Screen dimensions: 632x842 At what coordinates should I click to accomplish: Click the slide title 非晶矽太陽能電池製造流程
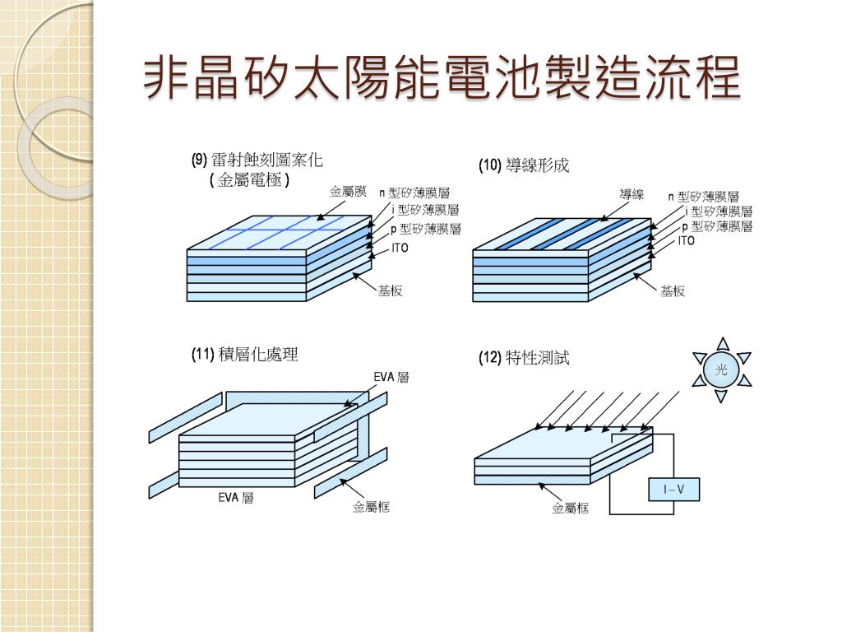pos(442,78)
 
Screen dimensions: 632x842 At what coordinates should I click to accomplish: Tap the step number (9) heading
pos(200,160)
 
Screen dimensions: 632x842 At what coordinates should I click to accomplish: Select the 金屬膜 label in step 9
pos(348,192)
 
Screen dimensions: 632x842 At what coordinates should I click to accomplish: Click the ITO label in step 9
pos(400,248)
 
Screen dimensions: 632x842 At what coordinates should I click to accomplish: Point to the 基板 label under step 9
pos(390,291)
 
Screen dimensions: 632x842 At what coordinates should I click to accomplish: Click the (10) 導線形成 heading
pos(524,166)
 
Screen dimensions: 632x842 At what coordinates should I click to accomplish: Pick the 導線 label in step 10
pos(631,194)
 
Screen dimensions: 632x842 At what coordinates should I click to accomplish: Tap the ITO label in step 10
pos(687,241)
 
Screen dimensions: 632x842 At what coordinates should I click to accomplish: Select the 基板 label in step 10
pos(673,291)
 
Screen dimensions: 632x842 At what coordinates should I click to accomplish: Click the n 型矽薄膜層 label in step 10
pos(703,197)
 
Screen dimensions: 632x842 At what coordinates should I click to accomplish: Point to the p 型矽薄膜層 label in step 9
pos(425,229)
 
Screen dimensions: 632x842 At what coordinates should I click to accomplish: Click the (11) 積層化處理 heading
pos(244,355)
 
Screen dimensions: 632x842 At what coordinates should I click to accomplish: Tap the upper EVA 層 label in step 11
pos(391,377)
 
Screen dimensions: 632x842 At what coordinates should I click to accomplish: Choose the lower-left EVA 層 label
pos(235,498)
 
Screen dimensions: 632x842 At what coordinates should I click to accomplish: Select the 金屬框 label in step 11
pos(371,507)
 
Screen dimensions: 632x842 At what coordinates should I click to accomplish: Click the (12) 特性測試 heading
pos(524,358)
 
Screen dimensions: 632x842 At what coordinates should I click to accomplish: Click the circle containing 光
pos(721,371)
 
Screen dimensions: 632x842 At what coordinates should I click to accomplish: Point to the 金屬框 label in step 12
pos(570,509)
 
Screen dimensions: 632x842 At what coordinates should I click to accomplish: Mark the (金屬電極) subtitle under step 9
pos(250,179)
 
